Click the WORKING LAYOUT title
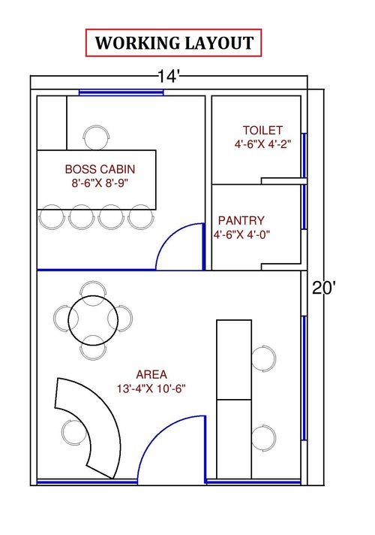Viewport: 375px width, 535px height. click(174, 43)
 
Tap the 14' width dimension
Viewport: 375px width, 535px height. click(168, 76)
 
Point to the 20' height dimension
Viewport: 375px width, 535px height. click(324, 289)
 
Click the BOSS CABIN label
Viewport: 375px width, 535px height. click(100, 169)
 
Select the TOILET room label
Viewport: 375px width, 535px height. click(262, 130)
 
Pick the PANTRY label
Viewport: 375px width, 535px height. click(241, 220)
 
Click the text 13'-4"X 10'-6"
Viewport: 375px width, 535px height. click(151, 388)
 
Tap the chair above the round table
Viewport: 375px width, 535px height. click(93, 289)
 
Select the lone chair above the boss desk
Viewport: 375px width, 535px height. click(97, 138)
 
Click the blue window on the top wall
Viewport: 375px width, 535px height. click(121, 92)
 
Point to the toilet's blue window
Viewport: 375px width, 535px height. click(304, 156)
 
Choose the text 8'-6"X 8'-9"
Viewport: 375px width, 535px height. click(100, 183)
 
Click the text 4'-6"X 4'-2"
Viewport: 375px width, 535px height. click(262, 144)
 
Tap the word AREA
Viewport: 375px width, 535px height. click(151, 375)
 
